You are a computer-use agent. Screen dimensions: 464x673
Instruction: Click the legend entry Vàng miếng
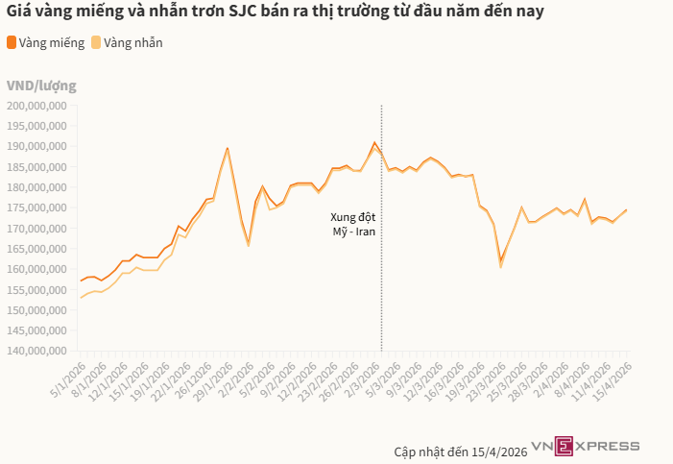point(42,42)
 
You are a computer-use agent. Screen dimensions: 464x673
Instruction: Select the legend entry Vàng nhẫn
point(127,42)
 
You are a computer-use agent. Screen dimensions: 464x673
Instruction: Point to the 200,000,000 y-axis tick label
point(36,105)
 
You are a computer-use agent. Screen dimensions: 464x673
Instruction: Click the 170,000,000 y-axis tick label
point(36,229)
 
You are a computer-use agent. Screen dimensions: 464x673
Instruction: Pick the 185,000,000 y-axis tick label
point(36,166)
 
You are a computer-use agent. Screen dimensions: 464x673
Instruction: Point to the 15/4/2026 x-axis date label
point(612,381)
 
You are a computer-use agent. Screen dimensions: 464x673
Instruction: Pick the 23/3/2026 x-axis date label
point(485,381)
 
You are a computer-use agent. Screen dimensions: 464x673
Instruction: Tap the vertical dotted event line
point(382,288)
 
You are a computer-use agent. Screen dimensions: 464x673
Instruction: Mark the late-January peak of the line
point(228,148)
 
